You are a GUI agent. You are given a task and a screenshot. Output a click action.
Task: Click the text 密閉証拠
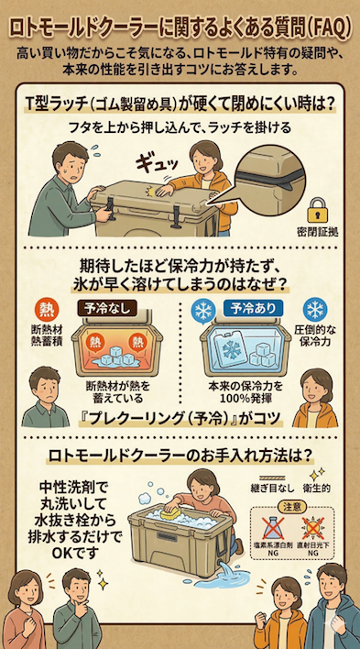[x=318, y=229]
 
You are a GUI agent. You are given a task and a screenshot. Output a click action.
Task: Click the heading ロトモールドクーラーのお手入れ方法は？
[x=180, y=454]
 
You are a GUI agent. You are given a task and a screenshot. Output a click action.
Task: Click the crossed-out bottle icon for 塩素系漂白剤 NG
[x=272, y=533]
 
